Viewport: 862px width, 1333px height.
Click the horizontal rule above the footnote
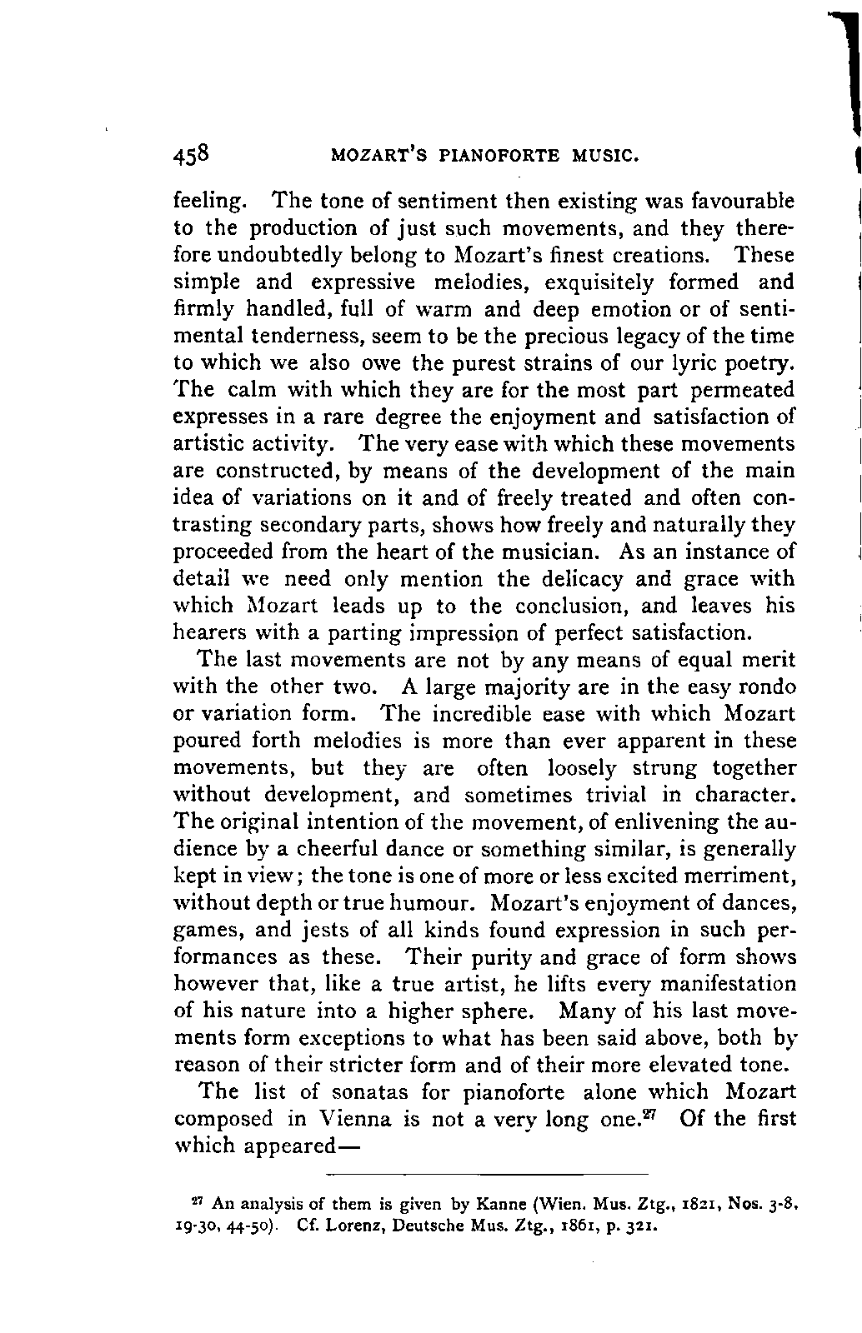pos(485,1174)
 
